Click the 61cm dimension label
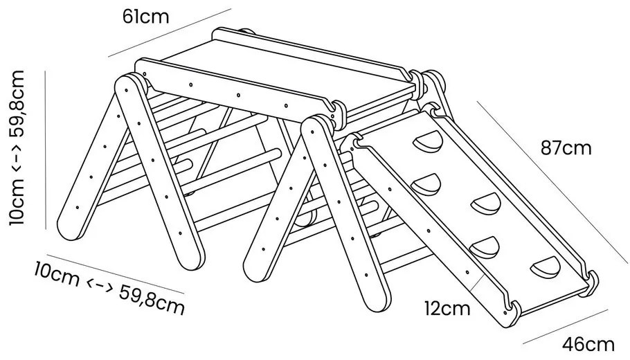pos(146,17)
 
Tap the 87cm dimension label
pos(566,148)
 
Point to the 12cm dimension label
pos(447,309)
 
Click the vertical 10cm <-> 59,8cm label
pos(17,148)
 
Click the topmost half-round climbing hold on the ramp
pos(429,142)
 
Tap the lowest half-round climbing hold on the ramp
pos(546,267)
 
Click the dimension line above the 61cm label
pos(170,33)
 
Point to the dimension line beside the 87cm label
pos(552,182)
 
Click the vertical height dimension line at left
pos(46,150)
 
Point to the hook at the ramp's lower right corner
pos(590,282)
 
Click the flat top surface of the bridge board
pos(281,74)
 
